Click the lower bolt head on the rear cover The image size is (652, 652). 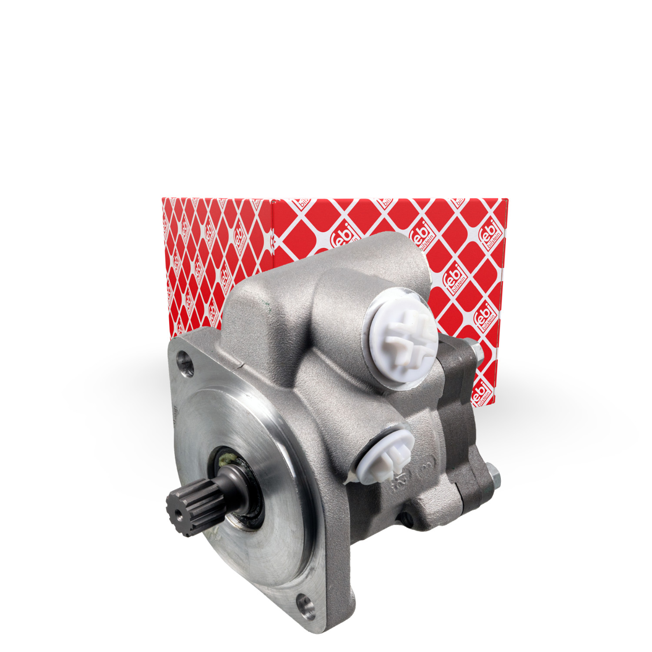(x=493, y=476)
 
